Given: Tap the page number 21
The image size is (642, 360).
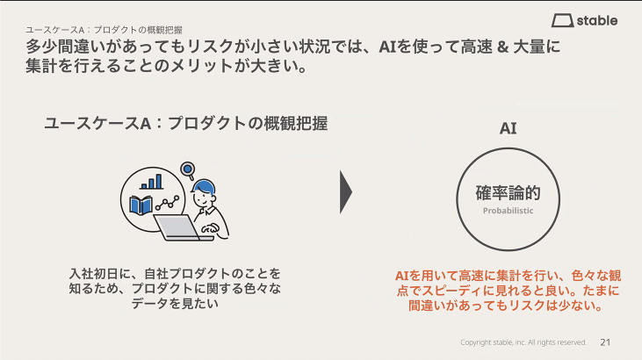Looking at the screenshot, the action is tap(605, 342).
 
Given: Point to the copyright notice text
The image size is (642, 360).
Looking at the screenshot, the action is tap(523, 342).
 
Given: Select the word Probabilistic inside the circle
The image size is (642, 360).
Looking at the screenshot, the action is tap(508, 212).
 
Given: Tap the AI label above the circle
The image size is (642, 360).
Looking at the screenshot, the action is tap(508, 128).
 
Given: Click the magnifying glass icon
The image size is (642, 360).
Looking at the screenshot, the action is tap(187, 169).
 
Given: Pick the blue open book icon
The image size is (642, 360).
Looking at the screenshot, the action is tap(141, 205).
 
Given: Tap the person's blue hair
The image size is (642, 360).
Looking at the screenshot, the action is tap(204, 186).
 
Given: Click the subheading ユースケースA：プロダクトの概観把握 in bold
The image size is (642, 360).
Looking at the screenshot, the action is tap(185, 123).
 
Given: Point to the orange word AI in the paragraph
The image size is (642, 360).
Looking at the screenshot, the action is tap(404, 275).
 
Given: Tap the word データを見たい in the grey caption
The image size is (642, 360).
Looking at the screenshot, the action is tap(176, 303).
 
